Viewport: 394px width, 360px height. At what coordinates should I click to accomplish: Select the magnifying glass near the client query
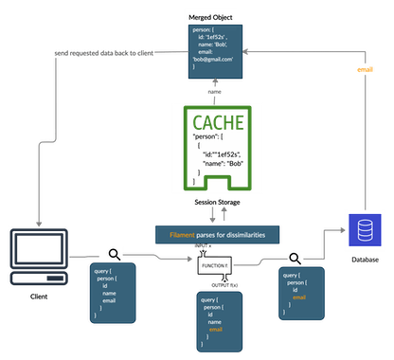point(114,253)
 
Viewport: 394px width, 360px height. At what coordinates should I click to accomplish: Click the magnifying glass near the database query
point(295,256)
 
